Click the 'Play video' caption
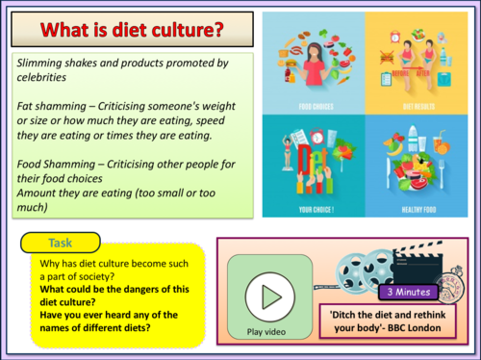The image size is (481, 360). coord(266,333)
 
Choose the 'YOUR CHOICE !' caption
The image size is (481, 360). coord(316,207)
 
